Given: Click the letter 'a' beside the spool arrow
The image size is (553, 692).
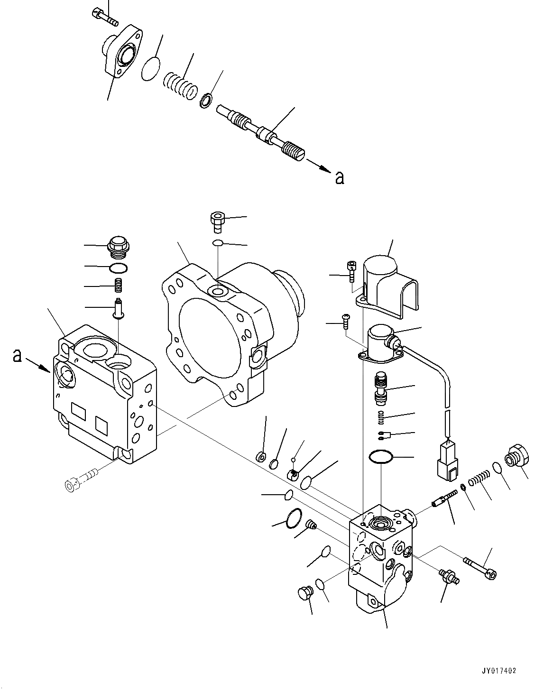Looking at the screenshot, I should [339, 178].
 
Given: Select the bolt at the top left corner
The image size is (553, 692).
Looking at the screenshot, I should [105, 17].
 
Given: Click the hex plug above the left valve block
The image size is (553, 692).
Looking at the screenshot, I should [118, 246].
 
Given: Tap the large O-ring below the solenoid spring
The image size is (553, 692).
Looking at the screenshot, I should [381, 457].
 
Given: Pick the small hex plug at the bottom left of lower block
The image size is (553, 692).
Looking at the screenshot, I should [304, 592].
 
